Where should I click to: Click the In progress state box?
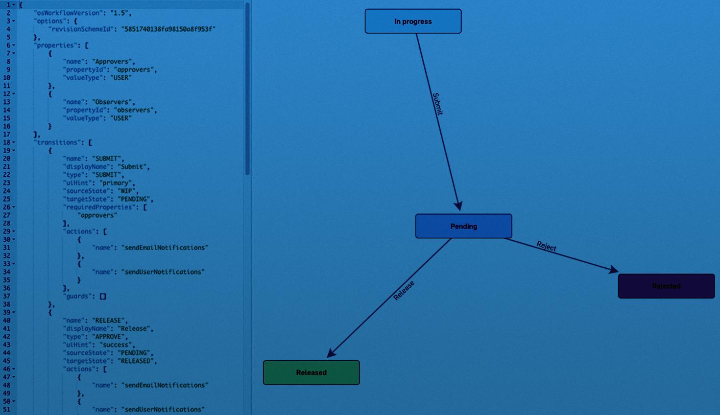413,22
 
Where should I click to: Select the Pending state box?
463,226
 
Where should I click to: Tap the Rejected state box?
666,286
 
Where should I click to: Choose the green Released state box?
311,373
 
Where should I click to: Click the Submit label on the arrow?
437,104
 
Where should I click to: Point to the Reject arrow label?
547,246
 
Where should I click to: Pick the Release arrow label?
404,290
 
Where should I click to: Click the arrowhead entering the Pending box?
458,206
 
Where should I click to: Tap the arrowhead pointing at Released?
331,353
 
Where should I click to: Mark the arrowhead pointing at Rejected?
614,269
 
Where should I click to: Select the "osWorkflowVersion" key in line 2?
69,13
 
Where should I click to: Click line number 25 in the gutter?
7,199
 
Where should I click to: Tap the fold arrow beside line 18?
14,142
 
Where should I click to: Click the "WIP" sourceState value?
127,191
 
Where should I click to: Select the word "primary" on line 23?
116,183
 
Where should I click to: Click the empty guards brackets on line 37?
103,297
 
